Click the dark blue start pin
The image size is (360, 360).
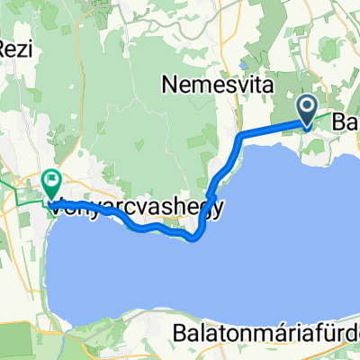pyautogui.click(x=307, y=111)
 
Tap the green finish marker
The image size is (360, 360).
pyautogui.click(x=49, y=184)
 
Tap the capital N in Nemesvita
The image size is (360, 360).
pyautogui.click(x=169, y=85)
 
